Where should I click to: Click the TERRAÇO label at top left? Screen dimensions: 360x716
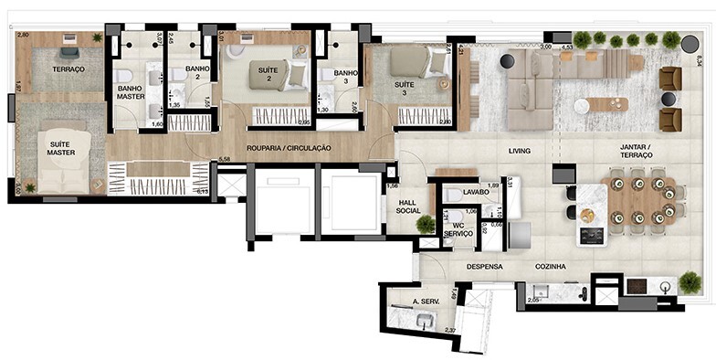pyautogui.click(x=68, y=69)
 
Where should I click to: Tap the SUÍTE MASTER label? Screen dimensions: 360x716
pyautogui.click(x=61, y=147)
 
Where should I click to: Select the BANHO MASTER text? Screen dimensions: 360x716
pyautogui.click(x=131, y=92)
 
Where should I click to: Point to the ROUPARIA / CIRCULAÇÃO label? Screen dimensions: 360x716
pyautogui.click(x=289, y=148)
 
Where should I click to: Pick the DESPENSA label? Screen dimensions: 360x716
pyautogui.click(x=485, y=267)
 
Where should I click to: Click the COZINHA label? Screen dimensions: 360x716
pyautogui.click(x=551, y=267)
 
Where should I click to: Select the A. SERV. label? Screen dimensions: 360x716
pyautogui.click(x=427, y=302)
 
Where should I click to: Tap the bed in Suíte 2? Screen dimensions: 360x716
pyautogui.click(x=279, y=73)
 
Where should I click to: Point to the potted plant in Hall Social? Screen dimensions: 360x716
pyautogui.click(x=426, y=225)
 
